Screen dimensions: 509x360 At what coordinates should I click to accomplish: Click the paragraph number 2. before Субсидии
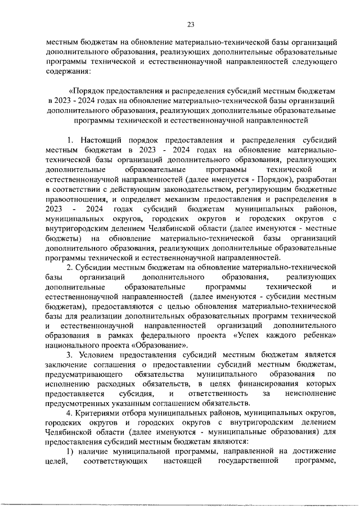tap(70, 267)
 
